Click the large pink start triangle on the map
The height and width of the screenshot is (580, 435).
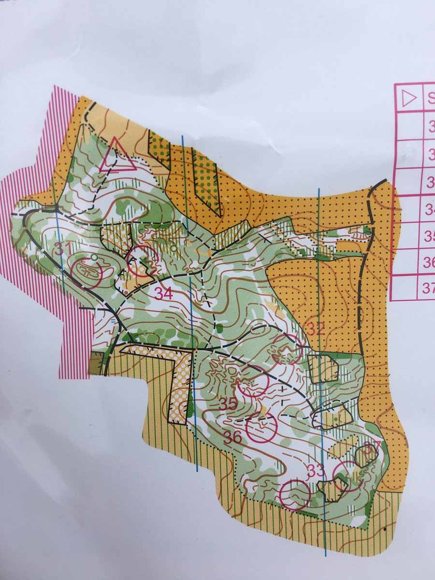[x=116, y=157]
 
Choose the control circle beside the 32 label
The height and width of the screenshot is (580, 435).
[x=287, y=348]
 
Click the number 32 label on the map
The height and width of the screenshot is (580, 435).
[x=316, y=329]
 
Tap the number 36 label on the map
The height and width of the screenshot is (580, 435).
[x=232, y=437]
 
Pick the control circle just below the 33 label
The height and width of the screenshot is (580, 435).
[x=295, y=494]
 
